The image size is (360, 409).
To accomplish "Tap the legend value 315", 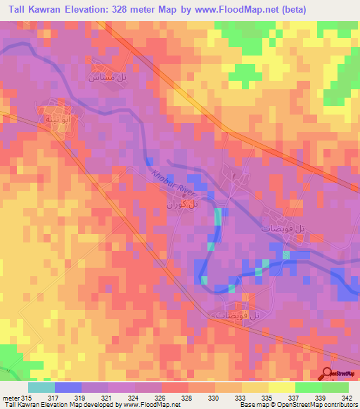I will tap(27, 398).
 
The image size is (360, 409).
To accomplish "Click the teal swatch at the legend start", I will tap(41, 387).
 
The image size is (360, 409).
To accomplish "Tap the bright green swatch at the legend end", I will tap(335, 387).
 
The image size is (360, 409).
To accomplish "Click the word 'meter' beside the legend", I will tap(10, 398).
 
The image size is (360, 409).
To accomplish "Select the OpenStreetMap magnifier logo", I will tap(328, 374).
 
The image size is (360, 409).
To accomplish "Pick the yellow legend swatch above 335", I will tap(255, 387).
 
